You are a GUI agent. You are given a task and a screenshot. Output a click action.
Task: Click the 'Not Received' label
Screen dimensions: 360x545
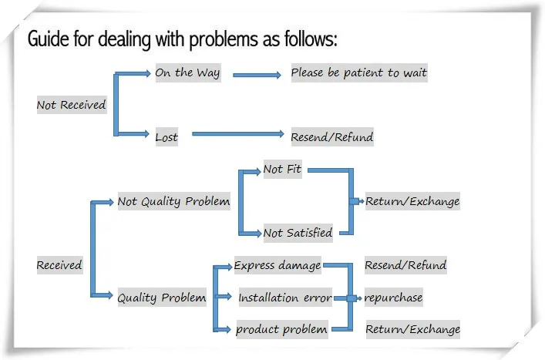(71, 105)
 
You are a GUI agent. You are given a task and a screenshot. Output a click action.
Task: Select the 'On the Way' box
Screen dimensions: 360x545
(187, 73)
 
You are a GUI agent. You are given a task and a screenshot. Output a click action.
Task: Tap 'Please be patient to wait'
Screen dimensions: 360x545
(358, 73)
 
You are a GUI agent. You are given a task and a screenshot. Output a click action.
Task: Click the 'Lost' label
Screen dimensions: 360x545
(167, 137)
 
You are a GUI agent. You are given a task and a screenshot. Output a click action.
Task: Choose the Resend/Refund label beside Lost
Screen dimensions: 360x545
(331, 137)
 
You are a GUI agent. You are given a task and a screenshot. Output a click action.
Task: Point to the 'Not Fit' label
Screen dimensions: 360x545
(282, 169)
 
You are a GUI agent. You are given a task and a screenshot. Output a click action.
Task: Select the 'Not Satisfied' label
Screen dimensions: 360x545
(298, 232)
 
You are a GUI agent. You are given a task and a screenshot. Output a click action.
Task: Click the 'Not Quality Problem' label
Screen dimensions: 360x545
(173, 201)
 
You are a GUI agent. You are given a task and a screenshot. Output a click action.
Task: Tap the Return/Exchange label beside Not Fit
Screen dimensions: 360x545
(412, 201)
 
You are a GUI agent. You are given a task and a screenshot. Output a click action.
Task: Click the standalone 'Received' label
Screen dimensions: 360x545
(59, 265)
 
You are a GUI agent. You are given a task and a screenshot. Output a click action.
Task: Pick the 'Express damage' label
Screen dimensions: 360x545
(278, 265)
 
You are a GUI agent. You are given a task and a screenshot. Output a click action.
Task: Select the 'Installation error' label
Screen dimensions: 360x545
(284, 298)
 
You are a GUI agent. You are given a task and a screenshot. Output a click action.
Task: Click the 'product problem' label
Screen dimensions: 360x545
(281, 329)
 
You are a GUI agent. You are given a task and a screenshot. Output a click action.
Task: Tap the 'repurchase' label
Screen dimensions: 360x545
(393, 298)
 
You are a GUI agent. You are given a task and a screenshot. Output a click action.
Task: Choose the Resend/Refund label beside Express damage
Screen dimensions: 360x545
(405, 265)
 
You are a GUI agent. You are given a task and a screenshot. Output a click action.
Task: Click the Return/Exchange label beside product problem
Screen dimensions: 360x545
(412, 329)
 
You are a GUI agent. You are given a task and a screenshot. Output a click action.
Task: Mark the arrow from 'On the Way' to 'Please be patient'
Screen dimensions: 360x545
(257, 75)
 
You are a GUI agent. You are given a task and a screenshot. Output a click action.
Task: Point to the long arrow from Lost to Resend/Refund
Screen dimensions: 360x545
(237, 134)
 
